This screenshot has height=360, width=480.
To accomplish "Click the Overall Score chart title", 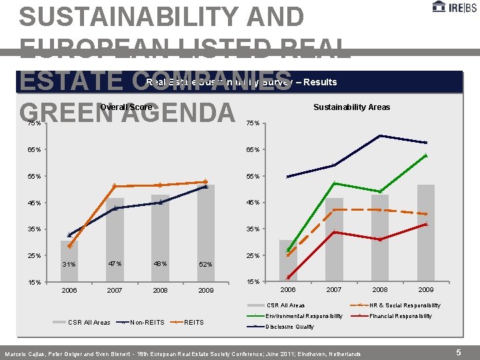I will tap(126, 107).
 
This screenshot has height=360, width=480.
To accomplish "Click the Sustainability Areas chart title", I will tap(351, 107).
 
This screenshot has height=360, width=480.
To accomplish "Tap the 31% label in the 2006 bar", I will tap(69, 265).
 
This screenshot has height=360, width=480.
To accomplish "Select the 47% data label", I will tap(115, 264).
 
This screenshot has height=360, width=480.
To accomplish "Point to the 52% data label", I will tap(205, 265).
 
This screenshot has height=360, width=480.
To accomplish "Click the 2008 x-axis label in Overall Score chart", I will tap(160, 291).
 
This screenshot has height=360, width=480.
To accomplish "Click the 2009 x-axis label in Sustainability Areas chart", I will tap(425, 290).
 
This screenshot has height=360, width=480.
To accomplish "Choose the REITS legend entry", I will tap(193, 322).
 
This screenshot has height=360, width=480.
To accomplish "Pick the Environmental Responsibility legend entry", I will tap(303, 316).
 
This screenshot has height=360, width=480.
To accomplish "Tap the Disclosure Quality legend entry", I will tap(289, 327).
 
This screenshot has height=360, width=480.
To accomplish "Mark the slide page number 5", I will tap(458, 352).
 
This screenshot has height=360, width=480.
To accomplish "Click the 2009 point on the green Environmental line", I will tap(425, 156).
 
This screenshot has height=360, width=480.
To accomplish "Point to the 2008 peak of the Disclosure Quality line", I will tap(380, 136).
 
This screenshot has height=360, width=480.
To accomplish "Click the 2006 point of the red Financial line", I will tap(289, 277).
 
